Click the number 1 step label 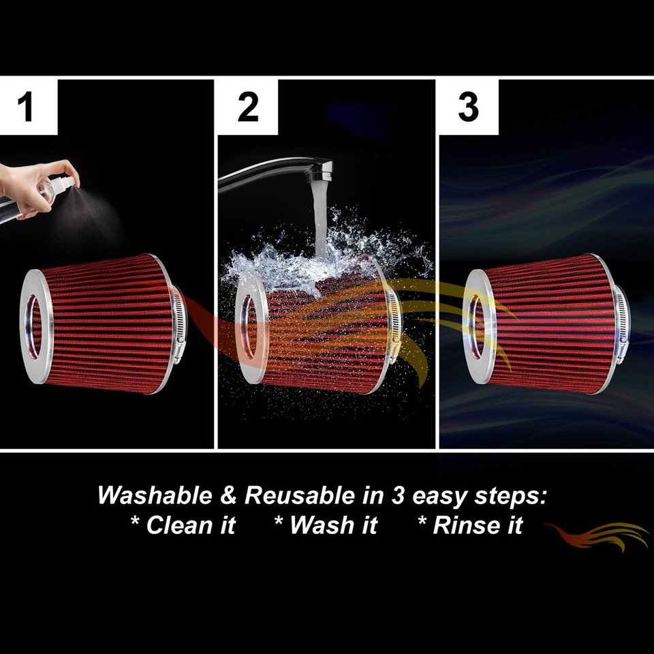click(x=26, y=108)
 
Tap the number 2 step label click(x=248, y=108)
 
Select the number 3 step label click(x=468, y=108)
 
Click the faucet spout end click(x=320, y=171)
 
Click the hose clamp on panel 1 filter click(x=178, y=324)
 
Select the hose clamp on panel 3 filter click(x=621, y=324)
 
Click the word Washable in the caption click(x=155, y=495)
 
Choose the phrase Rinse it click(x=470, y=525)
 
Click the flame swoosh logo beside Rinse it click(x=599, y=534)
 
